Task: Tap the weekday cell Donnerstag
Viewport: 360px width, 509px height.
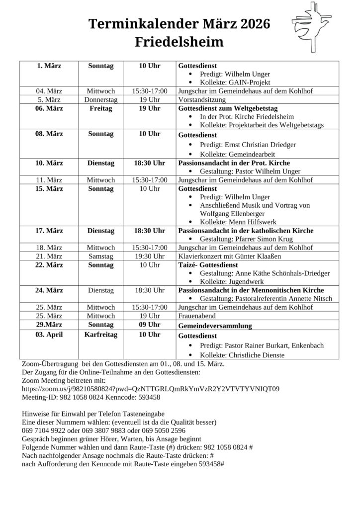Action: point(101,99)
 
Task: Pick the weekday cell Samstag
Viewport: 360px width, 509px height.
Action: point(101,256)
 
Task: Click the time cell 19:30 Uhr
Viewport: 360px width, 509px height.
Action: point(149,256)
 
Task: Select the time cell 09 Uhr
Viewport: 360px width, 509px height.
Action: point(149,325)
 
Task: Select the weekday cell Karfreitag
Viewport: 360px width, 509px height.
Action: point(101,335)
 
